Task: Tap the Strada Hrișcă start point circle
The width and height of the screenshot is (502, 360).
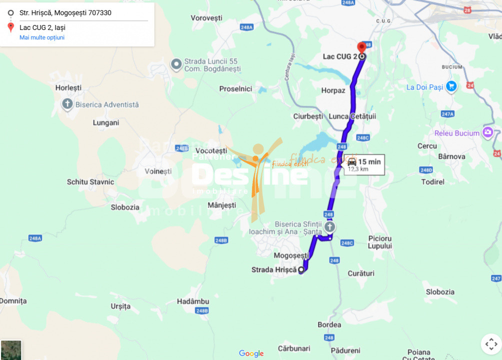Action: (x=301, y=270)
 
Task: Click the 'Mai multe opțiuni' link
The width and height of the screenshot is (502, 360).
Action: (x=42, y=37)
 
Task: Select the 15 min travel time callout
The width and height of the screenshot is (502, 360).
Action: (x=364, y=164)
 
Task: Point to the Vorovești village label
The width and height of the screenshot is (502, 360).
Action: (x=206, y=18)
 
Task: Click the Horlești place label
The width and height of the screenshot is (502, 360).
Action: (x=68, y=87)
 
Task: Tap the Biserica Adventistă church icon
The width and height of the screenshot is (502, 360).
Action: (x=67, y=104)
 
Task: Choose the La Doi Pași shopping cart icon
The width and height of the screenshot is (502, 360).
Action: (x=451, y=86)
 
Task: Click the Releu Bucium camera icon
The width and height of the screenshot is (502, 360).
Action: (x=487, y=133)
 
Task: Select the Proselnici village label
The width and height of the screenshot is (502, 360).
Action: (x=235, y=89)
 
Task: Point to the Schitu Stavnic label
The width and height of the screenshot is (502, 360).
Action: (x=90, y=182)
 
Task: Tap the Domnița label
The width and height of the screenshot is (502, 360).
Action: (x=13, y=301)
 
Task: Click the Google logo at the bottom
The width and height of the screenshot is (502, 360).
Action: (x=251, y=353)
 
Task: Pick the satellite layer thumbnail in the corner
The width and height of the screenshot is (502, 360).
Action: (x=11, y=350)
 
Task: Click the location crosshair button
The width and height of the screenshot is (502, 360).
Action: (x=491, y=344)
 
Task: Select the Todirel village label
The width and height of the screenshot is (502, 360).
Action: (x=432, y=182)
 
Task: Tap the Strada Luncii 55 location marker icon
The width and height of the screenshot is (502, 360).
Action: (x=176, y=64)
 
